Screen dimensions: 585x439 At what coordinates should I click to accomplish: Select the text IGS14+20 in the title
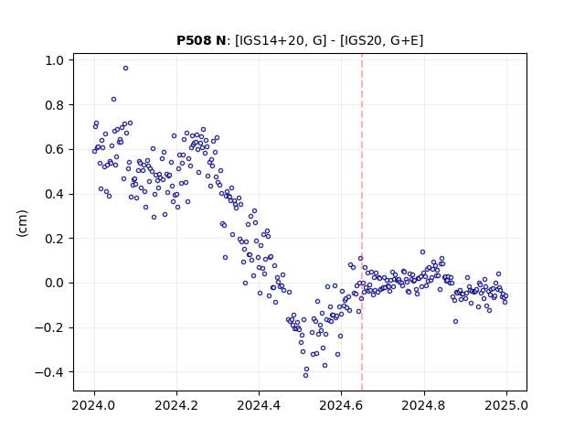point(268,40)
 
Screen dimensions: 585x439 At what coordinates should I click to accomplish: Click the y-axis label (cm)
point(22,223)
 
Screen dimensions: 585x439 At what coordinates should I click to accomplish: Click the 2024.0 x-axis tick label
point(94,405)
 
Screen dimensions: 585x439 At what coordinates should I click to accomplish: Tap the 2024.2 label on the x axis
point(176,405)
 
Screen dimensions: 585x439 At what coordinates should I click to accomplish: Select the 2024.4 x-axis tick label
point(259,405)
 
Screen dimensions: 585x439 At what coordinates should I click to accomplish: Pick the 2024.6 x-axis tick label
point(341,405)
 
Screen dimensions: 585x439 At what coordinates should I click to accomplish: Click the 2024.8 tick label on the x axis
point(424,405)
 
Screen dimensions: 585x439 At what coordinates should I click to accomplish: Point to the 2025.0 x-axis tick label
point(506,405)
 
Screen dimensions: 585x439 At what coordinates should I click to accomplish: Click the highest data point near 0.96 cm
point(126,69)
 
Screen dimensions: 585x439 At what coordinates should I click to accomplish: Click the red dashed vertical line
point(362,222)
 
